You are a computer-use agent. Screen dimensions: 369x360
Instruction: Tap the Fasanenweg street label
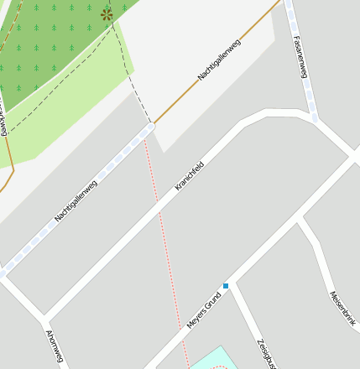(x=300, y=56)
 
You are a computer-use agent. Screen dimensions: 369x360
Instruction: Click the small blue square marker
(x=226, y=286)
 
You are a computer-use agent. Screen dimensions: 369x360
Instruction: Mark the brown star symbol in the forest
(x=107, y=14)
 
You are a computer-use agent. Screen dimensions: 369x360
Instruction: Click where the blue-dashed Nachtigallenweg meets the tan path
(x=151, y=127)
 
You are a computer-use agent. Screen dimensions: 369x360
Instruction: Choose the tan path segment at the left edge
(x=8, y=172)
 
